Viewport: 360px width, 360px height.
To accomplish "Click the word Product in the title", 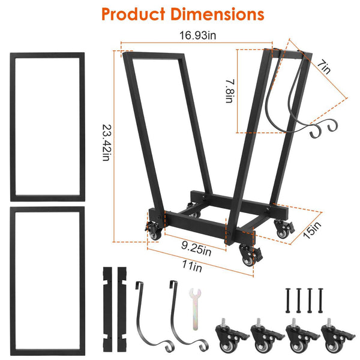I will tap(131, 13).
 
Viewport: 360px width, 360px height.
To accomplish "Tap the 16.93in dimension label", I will tap(197, 37).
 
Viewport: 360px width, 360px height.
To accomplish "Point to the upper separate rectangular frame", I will tap(47, 126).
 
